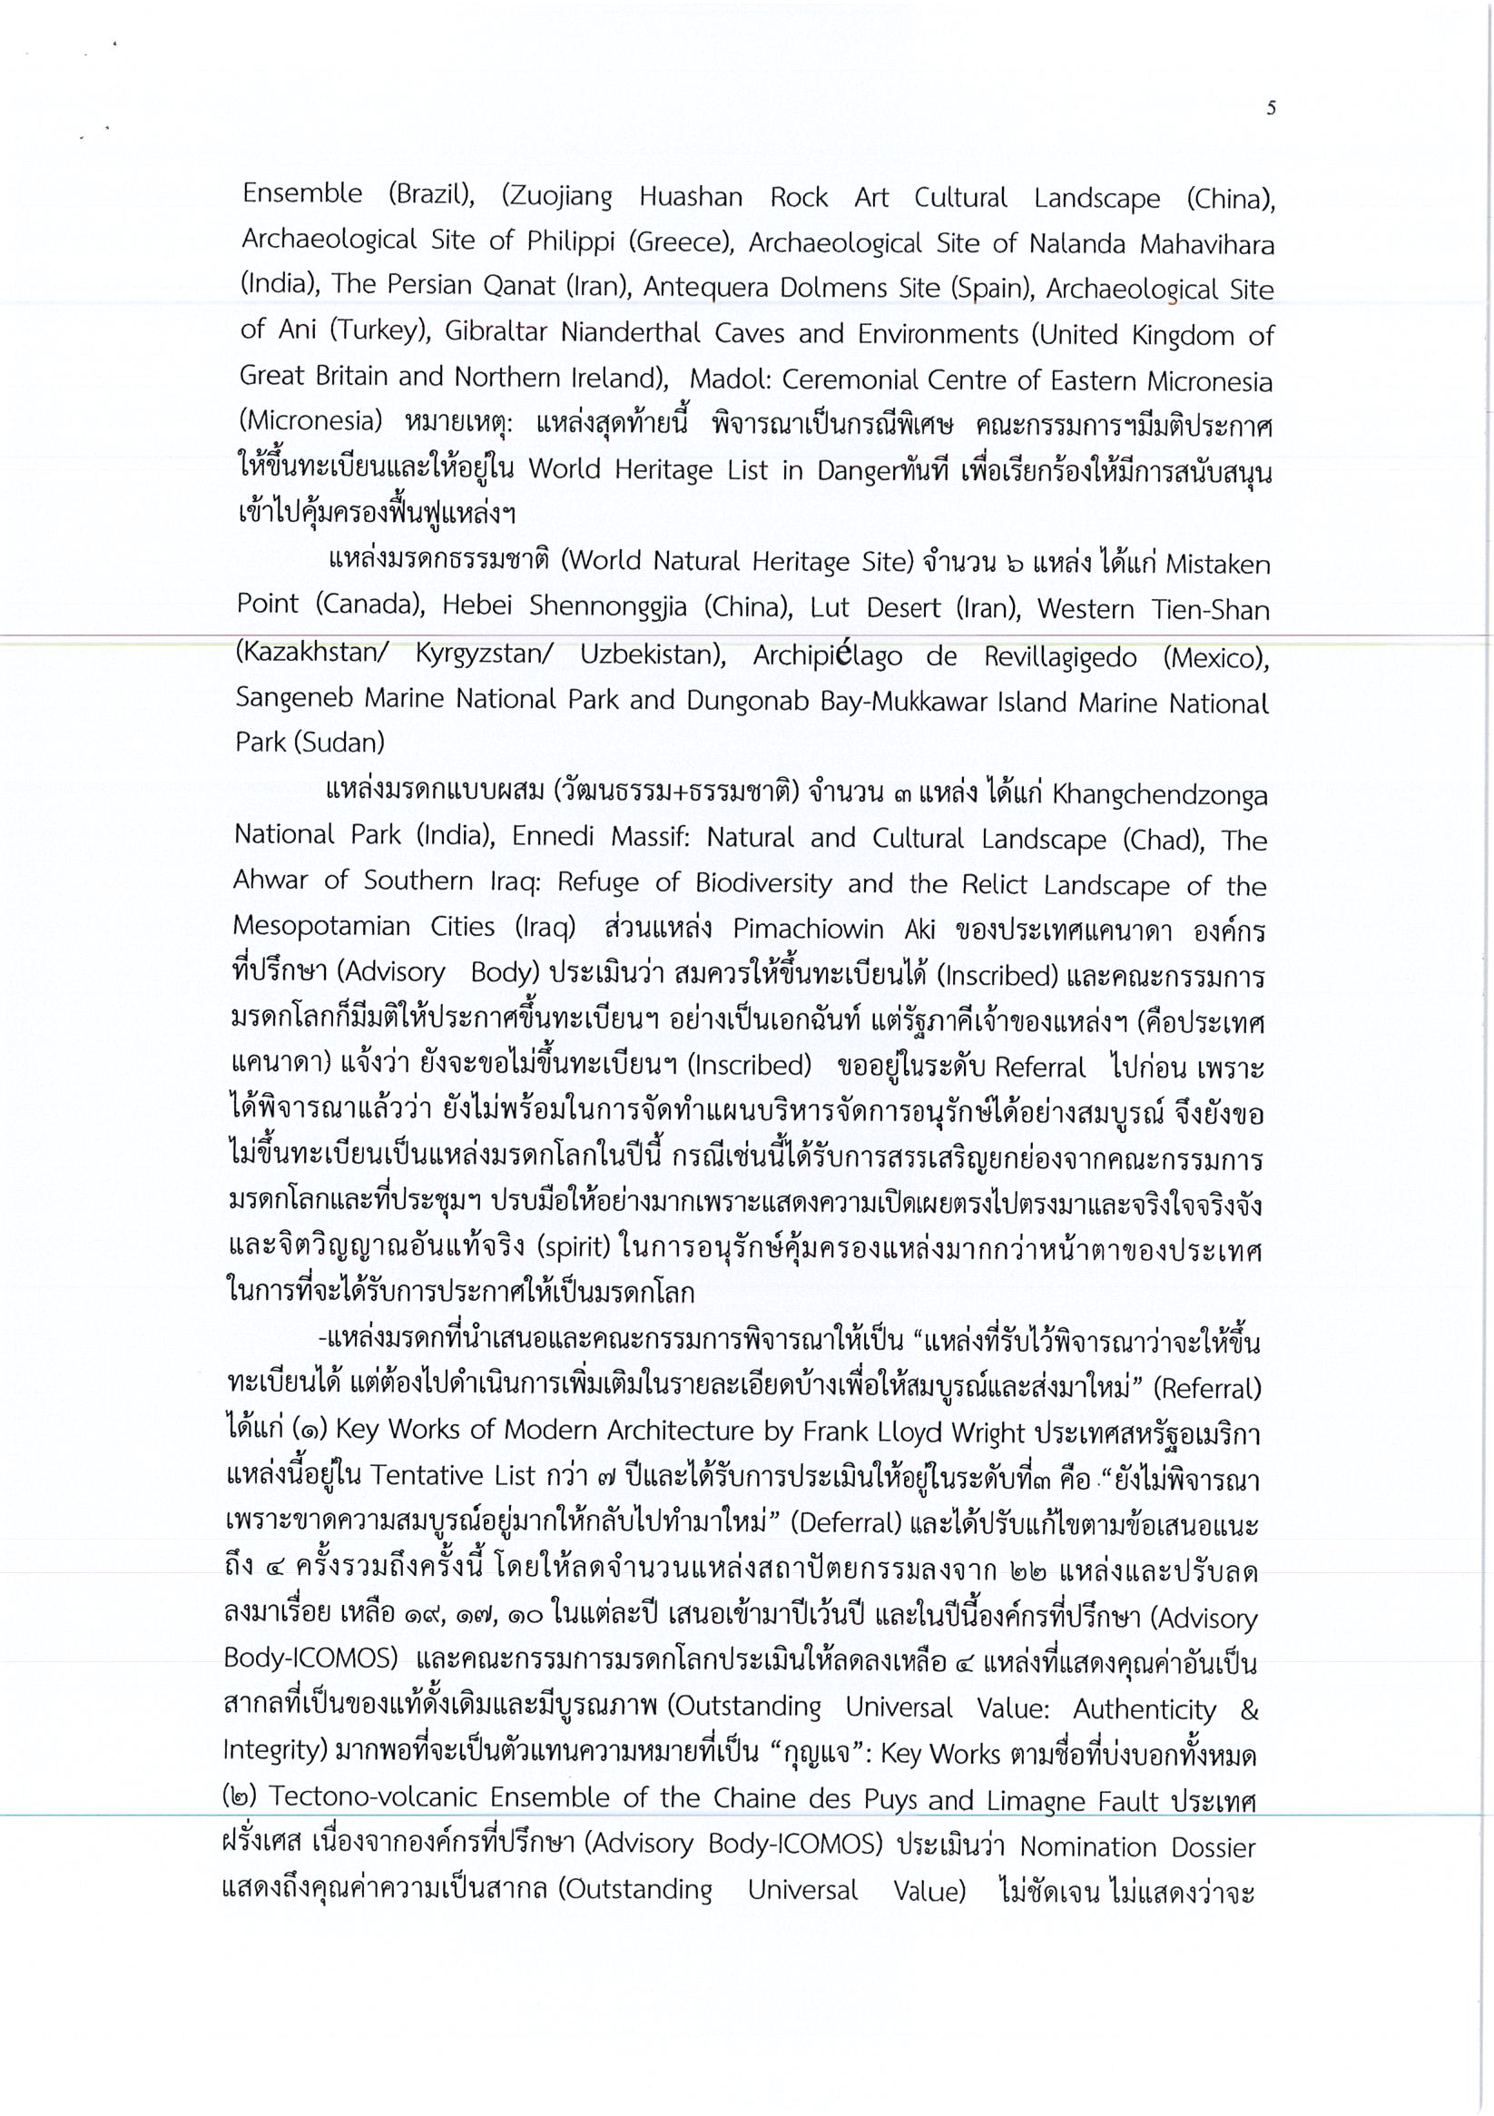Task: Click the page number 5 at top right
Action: click(1271, 109)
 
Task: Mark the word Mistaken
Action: click(1217, 564)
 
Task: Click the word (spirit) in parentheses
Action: click(560, 1250)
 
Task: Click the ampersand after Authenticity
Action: click(1249, 1710)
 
